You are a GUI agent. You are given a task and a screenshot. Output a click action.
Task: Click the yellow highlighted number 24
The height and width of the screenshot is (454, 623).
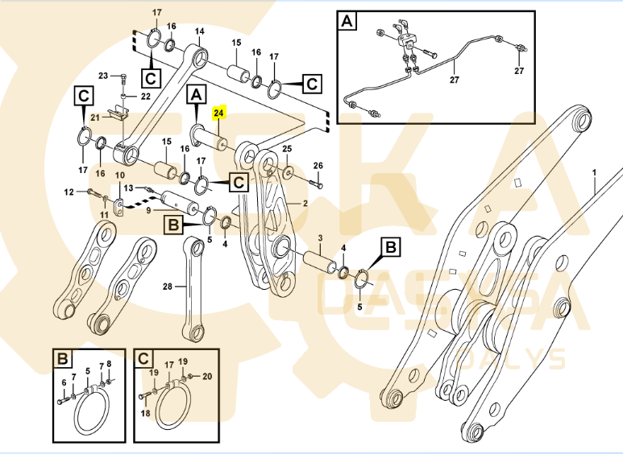pyautogui.click(x=220, y=114)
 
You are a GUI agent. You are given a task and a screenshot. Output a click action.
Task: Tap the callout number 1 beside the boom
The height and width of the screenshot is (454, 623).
pyautogui.click(x=594, y=172)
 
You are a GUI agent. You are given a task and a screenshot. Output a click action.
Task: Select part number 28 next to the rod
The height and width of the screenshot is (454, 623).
pyautogui.click(x=168, y=287)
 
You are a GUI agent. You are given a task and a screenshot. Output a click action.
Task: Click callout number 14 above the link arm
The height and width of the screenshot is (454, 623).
pyautogui.click(x=199, y=31)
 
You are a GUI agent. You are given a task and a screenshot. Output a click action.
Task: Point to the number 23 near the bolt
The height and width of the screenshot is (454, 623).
pyautogui.click(x=103, y=76)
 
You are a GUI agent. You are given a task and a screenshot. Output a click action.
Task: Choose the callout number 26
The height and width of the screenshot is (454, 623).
pyautogui.click(x=318, y=166)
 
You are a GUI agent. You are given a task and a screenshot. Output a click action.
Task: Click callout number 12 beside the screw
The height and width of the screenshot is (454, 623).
pyautogui.click(x=69, y=192)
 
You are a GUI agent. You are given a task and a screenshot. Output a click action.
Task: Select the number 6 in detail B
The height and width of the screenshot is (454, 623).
pyautogui.click(x=64, y=382)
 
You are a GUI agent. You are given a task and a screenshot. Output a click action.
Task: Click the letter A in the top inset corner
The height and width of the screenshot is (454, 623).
pyautogui.click(x=347, y=21)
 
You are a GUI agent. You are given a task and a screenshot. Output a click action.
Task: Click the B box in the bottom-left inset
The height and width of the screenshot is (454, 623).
pyautogui.click(x=64, y=358)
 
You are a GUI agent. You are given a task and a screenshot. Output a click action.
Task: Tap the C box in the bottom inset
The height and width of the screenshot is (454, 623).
pyautogui.click(x=143, y=358)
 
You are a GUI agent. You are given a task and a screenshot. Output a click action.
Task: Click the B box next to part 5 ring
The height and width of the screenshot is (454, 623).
pyautogui.click(x=389, y=248)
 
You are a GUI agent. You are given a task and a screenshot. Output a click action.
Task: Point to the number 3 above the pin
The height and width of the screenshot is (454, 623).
pyautogui.click(x=319, y=238)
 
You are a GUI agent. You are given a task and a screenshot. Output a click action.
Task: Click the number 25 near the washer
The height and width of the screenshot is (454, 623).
pyautogui.click(x=287, y=151)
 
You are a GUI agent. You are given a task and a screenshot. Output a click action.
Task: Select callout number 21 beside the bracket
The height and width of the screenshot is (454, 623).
pyautogui.click(x=94, y=117)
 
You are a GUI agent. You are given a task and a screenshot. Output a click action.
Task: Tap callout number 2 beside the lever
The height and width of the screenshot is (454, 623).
pyautogui.click(x=305, y=204)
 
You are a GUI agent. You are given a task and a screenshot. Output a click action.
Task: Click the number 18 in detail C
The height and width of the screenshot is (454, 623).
pyautogui.click(x=146, y=412)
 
